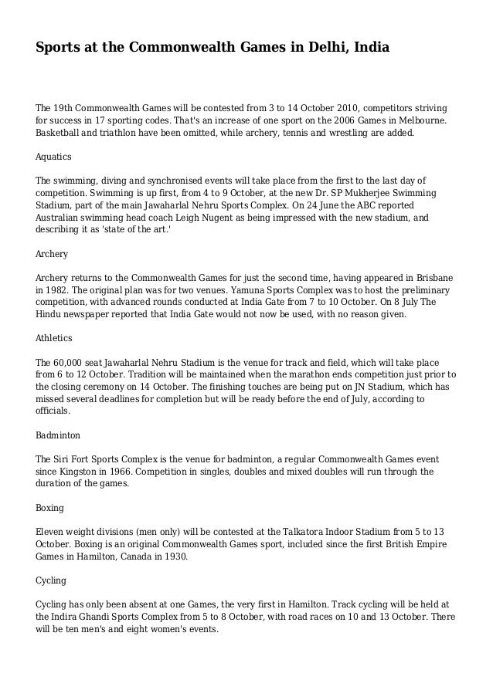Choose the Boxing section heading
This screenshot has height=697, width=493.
pos(50,508)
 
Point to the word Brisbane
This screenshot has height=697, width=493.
pos(431,277)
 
